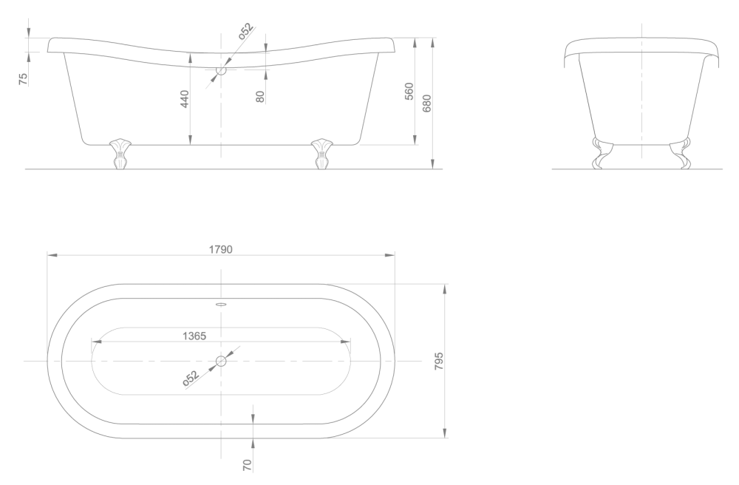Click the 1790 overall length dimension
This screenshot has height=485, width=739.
[220, 249]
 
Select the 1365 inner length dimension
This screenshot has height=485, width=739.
[194, 336]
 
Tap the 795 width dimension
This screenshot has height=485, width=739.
[439, 361]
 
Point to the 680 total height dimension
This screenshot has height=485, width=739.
[427, 104]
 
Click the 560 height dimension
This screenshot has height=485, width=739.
[409, 91]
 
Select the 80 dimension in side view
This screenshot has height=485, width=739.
[259, 97]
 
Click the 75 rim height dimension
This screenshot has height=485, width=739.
[23, 79]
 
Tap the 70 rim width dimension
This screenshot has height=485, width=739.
[248, 465]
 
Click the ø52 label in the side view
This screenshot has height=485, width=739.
[245, 30]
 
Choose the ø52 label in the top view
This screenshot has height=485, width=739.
[191, 379]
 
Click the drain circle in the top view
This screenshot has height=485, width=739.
[221, 361]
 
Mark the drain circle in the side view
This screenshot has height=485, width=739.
[221, 71]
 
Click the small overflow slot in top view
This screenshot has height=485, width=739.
[221, 304]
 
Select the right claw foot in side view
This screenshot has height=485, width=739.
[322, 154]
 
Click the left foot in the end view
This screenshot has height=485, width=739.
[602, 153]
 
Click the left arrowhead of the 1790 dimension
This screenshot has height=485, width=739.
[52, 255]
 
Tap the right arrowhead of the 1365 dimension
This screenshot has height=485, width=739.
[345, 342]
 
